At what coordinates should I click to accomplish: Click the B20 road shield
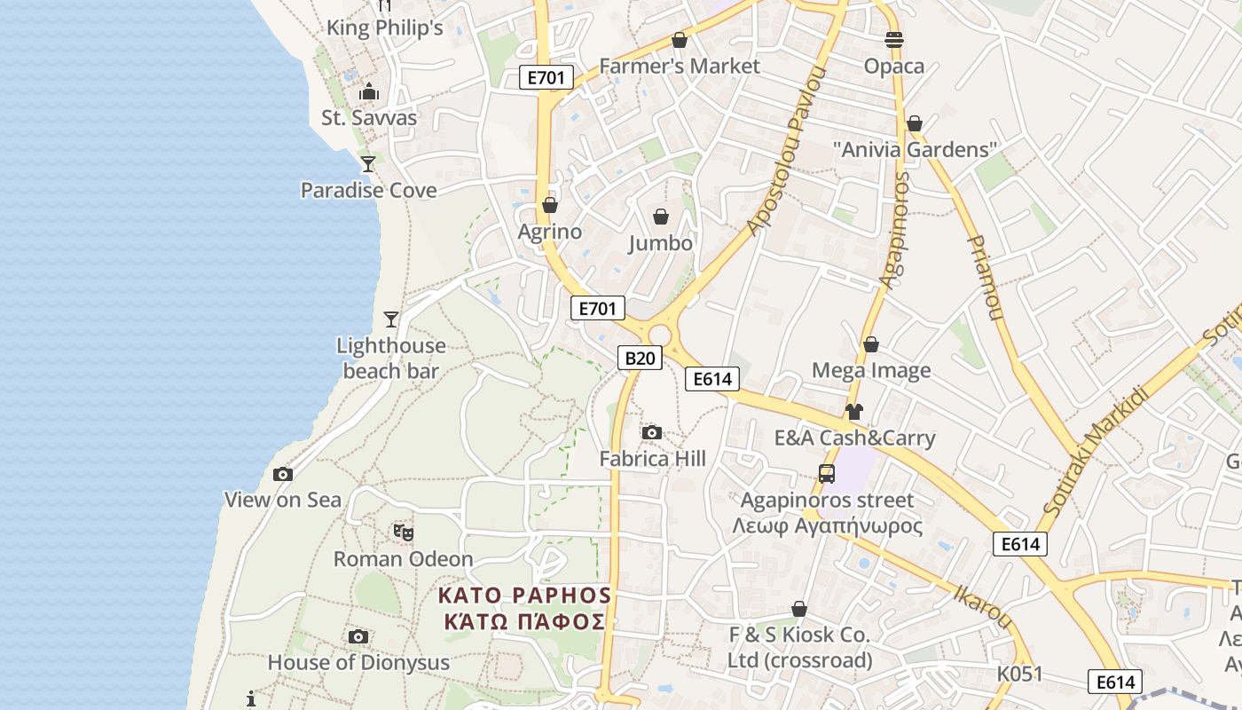click(640, 358)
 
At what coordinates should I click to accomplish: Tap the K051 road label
click(1020, 674)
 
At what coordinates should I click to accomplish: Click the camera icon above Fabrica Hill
click(652, 432)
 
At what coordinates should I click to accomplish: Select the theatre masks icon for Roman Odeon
click(403, 532)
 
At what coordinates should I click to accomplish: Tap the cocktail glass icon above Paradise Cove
click(368, 163)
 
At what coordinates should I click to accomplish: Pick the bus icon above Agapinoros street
click(827, 474)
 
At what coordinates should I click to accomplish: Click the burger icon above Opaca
click(893, 39)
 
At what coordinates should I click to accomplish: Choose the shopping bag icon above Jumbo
click(661, 217)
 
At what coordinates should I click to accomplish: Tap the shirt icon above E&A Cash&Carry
click(853, 412)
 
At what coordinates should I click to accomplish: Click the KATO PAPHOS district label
click(525, 607)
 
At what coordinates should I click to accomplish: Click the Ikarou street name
click(983, 606)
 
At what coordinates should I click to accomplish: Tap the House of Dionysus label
click(358, 662)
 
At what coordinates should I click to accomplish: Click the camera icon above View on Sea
click(283, 474)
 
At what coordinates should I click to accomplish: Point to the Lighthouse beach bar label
click(391, 358)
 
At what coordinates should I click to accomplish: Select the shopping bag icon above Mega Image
click(871, 344)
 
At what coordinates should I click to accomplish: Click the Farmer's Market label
click(680, 67)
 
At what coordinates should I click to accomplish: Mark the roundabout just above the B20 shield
click(658, 334)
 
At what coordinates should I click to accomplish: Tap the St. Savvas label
click(369, 117)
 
